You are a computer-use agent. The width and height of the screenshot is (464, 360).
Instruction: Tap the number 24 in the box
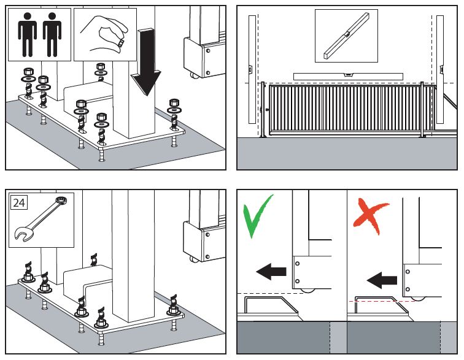pyautogui.click(x=19, y=202)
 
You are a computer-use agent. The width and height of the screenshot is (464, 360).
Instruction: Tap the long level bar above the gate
pyautogui.click(x=347, y=76)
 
